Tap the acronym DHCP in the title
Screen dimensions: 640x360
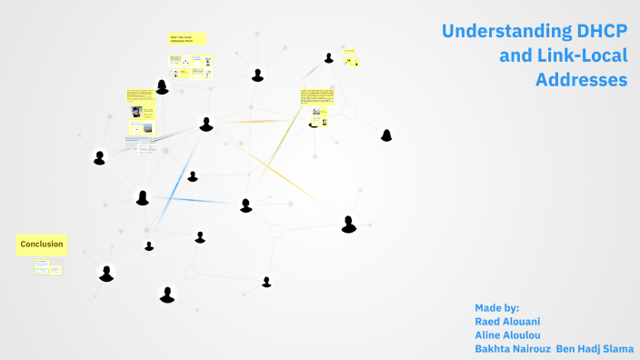[x=602, y=31]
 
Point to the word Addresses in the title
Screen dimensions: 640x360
[x=582, y=80]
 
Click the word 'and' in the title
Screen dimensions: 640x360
[x=514, y=55]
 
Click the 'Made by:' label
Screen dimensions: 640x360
[x=496, y=307]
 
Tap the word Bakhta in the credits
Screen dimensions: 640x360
[x=492, y=349]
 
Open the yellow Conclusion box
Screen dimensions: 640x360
[x=41, y=244]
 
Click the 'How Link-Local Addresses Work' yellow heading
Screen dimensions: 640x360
[x=187, y=39]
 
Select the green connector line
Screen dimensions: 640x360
[x=284, y=137]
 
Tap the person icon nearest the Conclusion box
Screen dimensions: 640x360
[x=106, y=274]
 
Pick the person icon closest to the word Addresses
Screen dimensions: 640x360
[x=386, y=135]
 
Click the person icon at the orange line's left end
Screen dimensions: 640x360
[x=206, y=125]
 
